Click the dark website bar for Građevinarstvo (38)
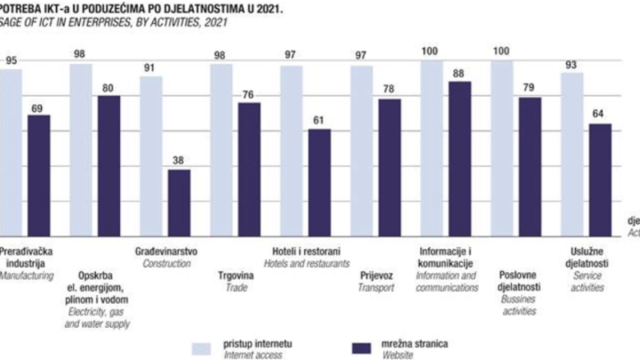179,201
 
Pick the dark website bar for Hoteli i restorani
319,181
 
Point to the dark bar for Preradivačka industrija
38,174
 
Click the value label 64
600,116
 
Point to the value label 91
151,67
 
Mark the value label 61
319,121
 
